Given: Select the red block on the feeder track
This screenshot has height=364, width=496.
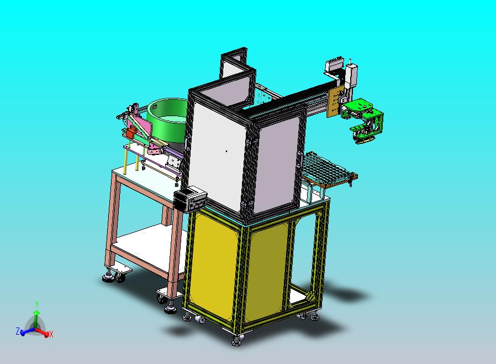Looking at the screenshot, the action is [130, 132].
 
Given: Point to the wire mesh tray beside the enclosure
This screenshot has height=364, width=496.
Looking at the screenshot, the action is [329, 170].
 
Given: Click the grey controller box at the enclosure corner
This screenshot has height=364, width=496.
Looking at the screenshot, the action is [191, 199].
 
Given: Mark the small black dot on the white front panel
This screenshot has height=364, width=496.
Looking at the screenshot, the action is [226, 151].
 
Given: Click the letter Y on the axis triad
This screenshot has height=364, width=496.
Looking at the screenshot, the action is [36, 304].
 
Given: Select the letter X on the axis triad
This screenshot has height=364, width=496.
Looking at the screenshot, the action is [51, 334].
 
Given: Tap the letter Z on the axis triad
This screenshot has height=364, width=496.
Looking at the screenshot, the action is [18, 331].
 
